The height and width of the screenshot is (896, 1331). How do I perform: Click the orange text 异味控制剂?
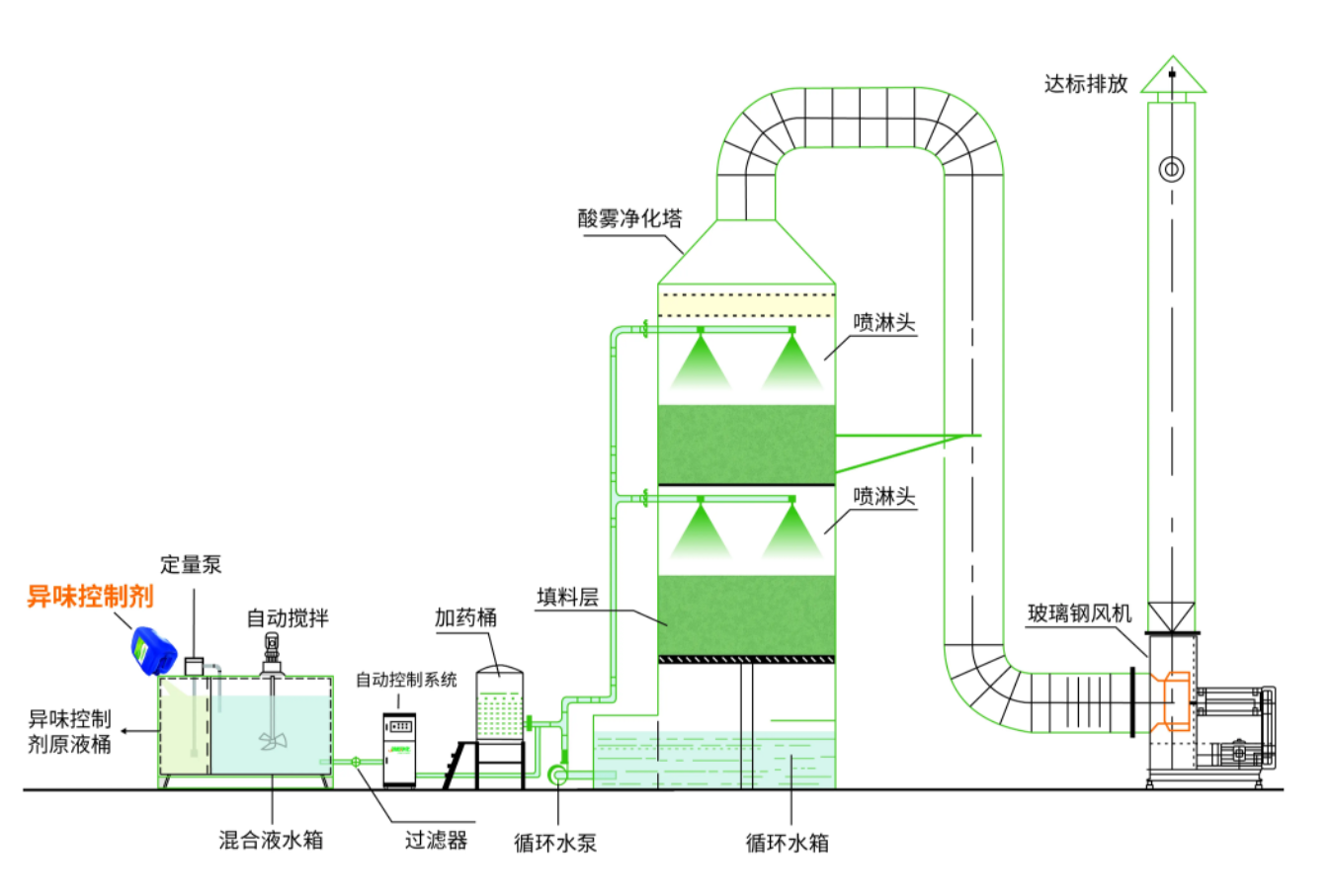point(90,597)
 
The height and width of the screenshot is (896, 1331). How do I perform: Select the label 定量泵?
point(191,565)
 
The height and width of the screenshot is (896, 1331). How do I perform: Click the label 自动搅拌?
point(288,618)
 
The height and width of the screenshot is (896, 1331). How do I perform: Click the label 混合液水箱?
point(271,841)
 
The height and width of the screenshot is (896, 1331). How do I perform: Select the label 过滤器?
point(436,841)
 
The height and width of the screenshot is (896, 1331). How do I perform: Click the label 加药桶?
point(465,617)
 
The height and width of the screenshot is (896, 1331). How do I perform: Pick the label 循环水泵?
point(555,843)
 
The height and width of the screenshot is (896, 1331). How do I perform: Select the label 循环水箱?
point(788,843)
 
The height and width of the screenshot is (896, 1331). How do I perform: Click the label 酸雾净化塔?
point(629,218)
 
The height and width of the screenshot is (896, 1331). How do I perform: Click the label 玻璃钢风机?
point(1079,613)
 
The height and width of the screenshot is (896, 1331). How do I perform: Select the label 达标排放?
point(1086,84)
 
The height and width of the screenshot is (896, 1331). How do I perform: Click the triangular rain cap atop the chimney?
point(1173,77)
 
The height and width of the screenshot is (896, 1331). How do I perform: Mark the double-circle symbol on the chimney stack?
point(1171,169)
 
